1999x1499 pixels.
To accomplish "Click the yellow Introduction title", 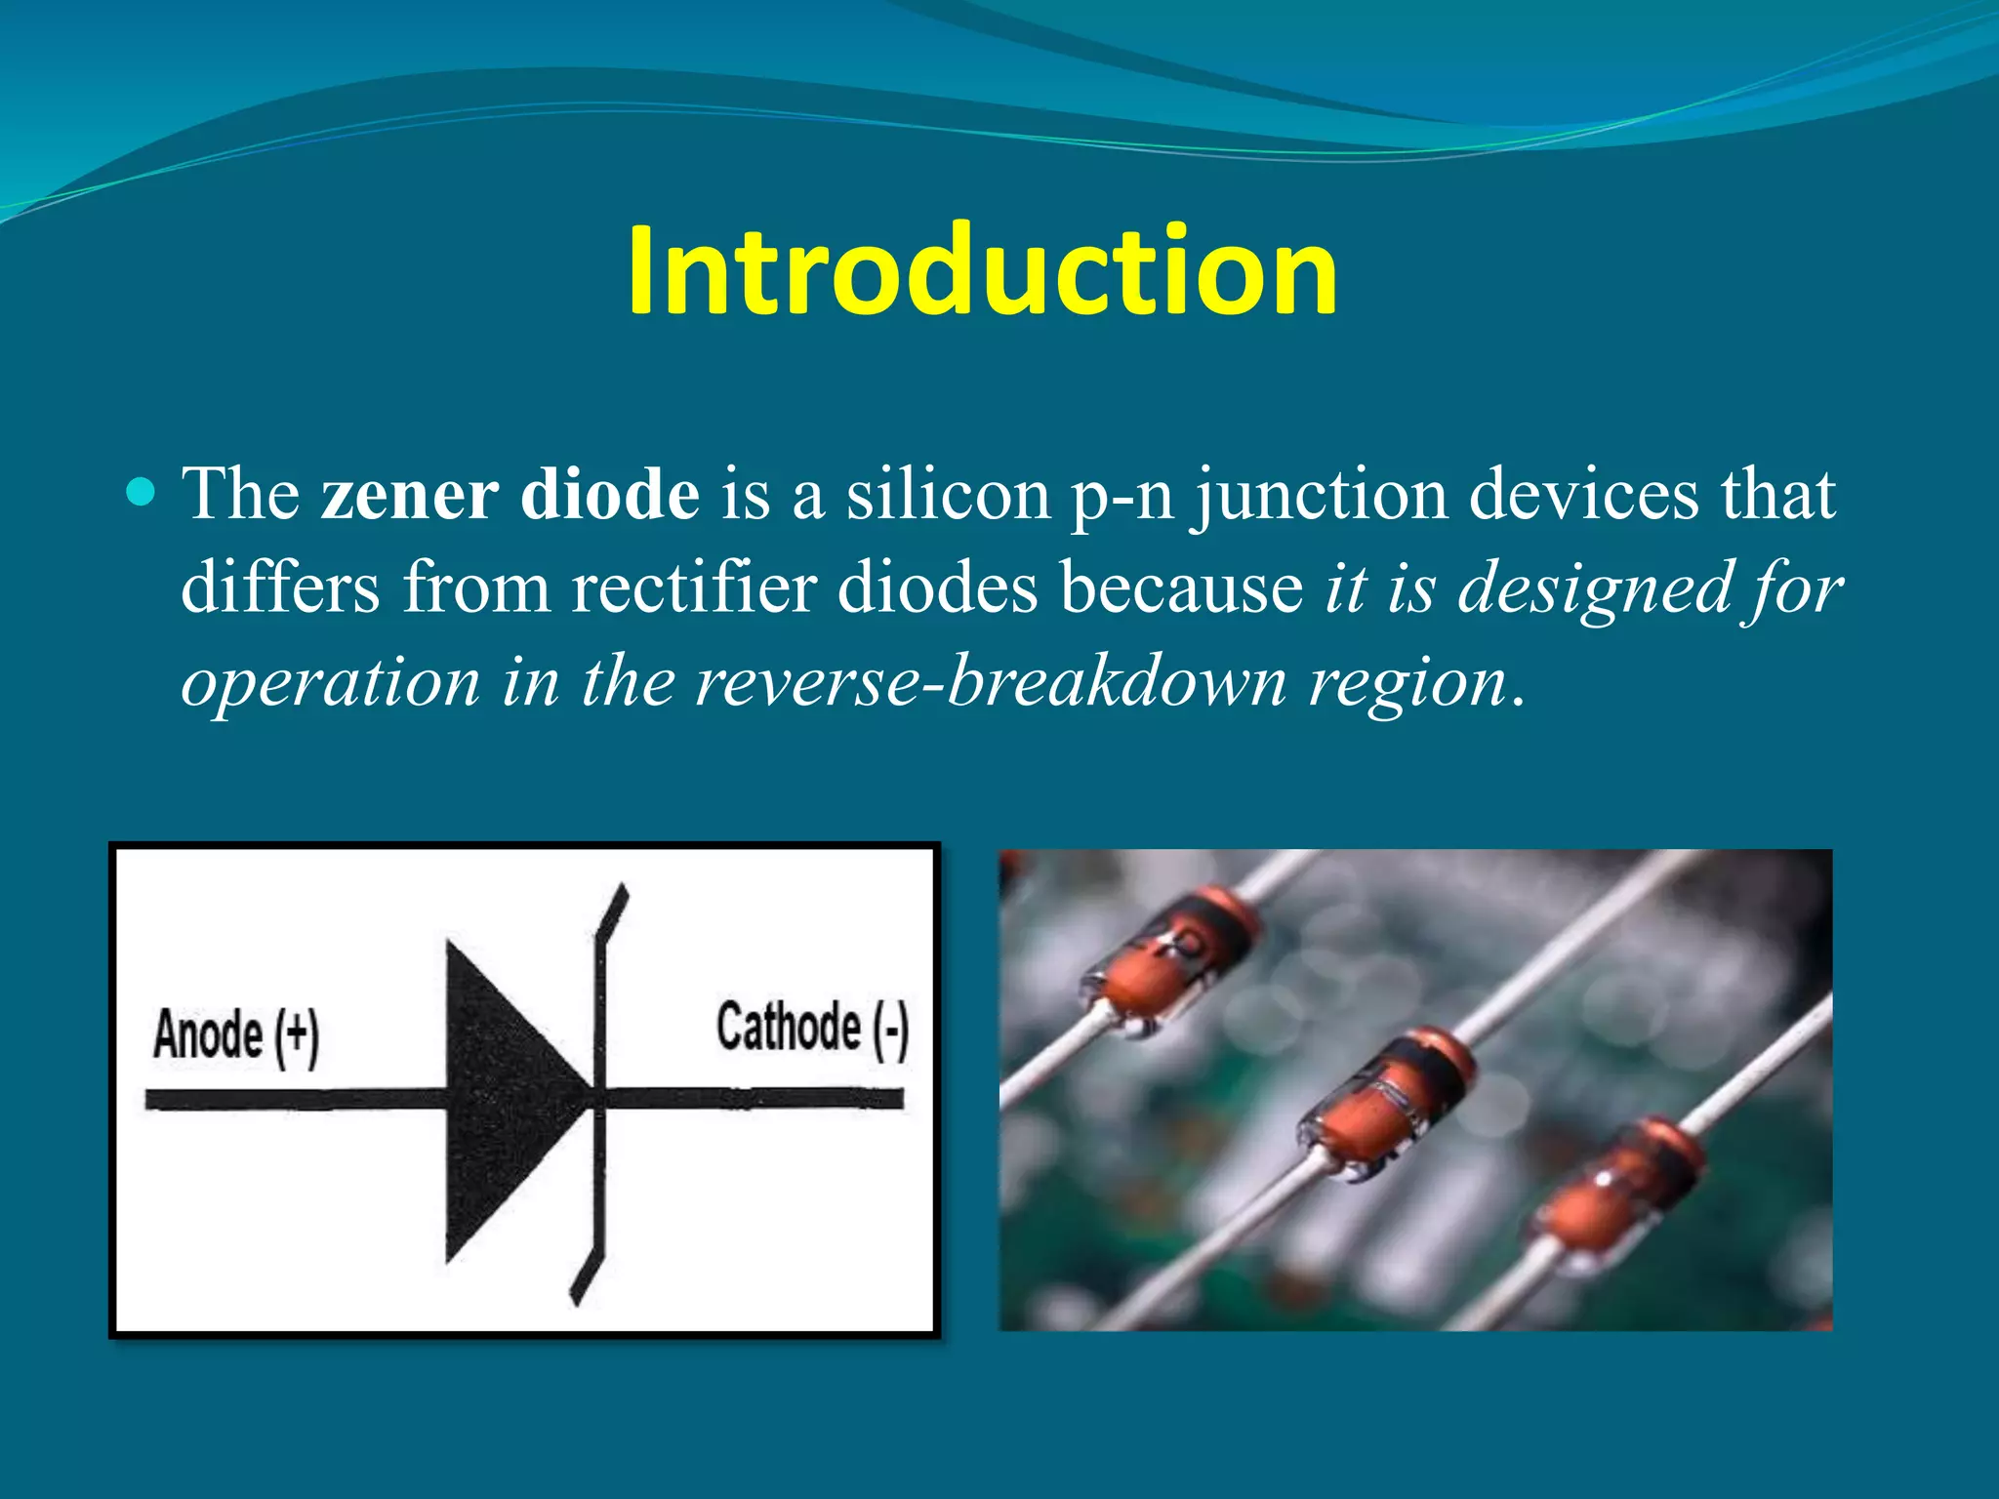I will (982, 270).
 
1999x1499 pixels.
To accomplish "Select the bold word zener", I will (409, 494).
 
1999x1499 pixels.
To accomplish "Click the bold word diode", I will (609, 494).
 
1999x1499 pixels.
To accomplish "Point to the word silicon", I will (948, 494).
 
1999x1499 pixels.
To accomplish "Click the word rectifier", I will (693, 587).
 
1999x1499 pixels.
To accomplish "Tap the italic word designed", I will (1594, 589).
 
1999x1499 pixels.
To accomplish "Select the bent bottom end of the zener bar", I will (589, 1275).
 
